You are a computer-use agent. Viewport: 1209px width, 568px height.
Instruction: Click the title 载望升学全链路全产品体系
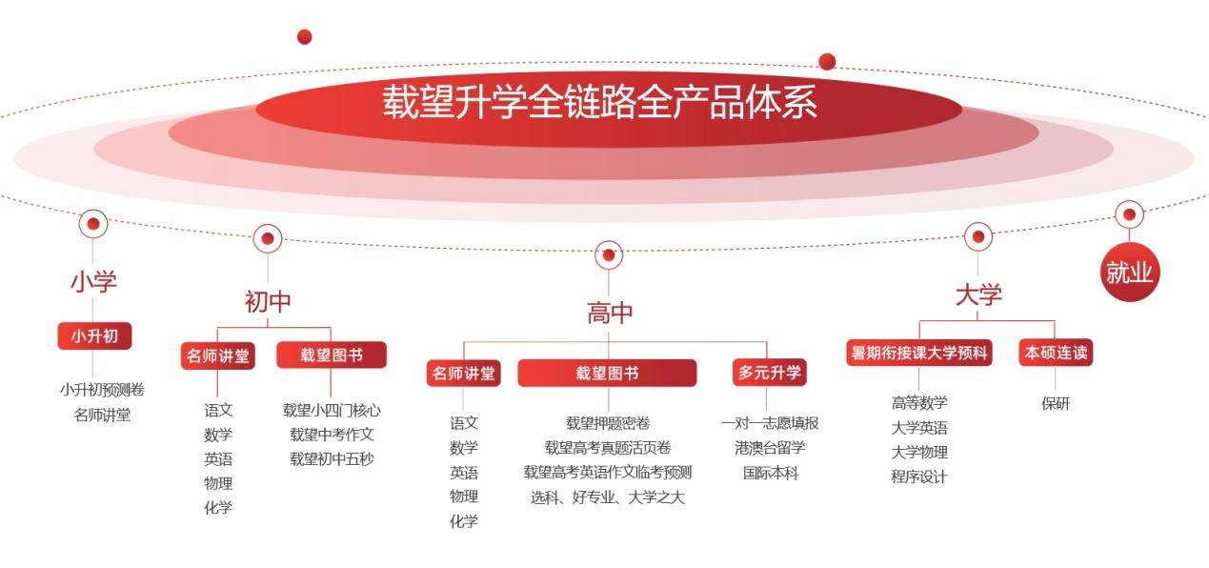tap(599, 102)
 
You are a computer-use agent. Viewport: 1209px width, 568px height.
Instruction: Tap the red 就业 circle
tap(1129, 273)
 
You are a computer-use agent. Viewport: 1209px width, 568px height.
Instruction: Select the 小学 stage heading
tap(94, 281)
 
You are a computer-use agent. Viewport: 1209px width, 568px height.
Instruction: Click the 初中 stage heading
tap(268, 301)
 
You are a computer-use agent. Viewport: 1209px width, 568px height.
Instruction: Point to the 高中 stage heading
tap(610, 313)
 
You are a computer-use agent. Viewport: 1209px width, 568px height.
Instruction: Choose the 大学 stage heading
tap(978, 294)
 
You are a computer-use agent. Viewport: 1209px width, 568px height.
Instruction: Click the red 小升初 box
tap(94, 335)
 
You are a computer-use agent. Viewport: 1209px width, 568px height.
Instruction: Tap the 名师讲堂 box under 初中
tap(217, 355)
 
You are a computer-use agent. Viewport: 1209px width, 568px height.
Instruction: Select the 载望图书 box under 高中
tap(607, 373)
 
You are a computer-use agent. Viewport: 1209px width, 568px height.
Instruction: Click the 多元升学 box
tap(770, 372)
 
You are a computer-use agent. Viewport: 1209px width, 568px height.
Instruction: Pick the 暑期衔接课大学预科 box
tap(919, 353)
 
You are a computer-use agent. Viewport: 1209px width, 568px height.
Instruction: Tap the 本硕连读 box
tap(1056, 353)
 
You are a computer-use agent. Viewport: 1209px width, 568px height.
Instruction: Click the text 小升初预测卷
tap(102, 389)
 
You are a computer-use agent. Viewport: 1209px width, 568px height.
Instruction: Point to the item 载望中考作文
tap(332, 434)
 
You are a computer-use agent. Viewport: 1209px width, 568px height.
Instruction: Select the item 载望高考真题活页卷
tap(608, 447)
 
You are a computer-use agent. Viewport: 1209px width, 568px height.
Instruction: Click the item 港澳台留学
tap(770, 447)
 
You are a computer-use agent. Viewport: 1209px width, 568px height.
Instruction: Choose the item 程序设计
tap(919, 477)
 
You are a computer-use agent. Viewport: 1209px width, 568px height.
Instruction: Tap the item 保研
tap(1056, 403)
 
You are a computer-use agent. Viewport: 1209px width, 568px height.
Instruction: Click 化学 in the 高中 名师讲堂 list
tap(464, 521)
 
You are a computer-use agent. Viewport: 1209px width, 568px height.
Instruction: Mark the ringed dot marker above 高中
tap(609, 254)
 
